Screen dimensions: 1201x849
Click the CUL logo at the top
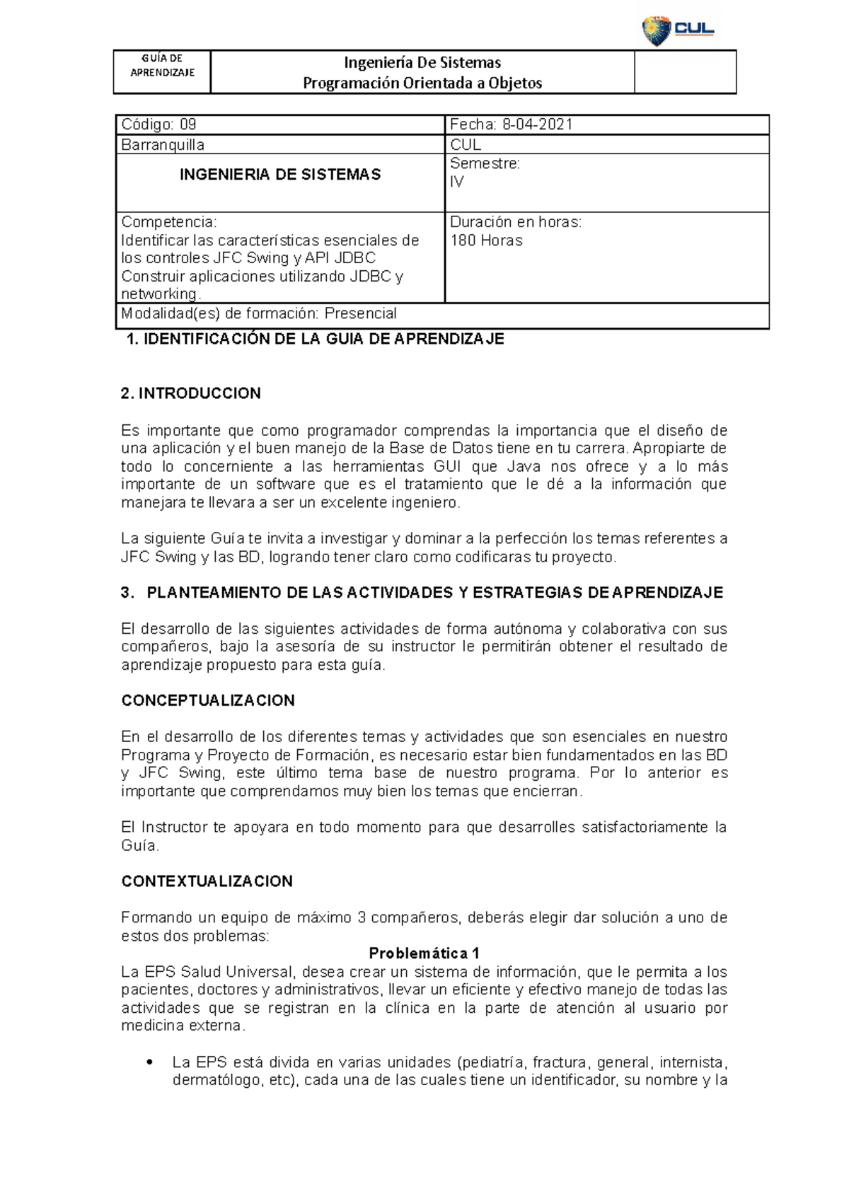pos(678,30)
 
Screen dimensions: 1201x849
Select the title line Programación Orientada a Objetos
pos(422,83)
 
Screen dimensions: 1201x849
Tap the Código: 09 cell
pos(158,125)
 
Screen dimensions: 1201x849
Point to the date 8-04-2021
pos(538,125)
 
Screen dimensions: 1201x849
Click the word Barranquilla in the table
pos(163,145)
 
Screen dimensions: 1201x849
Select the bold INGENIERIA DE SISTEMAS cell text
pos(280,175)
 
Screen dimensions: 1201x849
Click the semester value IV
pos(457,182)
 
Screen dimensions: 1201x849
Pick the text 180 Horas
pos(487,240)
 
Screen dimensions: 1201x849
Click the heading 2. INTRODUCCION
pos(191,394)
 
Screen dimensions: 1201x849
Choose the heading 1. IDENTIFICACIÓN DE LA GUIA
pos(315,340)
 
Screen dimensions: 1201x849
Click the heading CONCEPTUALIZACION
pos(208,701)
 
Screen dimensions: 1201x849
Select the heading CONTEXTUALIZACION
pos(207,882)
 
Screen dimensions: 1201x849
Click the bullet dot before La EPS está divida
pos(149,1063)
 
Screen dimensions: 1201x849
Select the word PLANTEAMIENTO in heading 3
pos(215,593)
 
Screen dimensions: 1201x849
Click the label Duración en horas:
pos(516,222)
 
